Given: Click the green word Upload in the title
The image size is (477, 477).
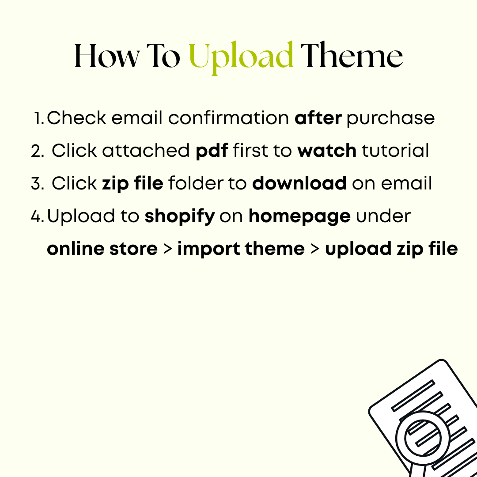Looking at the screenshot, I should pos(241,57).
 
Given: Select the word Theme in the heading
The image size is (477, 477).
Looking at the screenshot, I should pos(352,57).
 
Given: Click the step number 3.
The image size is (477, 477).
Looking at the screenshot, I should pos(36,184).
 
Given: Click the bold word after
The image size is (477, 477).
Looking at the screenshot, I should pos(318,118).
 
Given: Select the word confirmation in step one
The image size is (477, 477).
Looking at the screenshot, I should pos(229,118).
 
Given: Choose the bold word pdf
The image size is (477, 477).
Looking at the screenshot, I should pos(212,151).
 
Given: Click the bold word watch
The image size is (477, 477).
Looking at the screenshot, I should pos(327,151).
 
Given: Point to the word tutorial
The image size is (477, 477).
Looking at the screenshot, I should pos(395,151).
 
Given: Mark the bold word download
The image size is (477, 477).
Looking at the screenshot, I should pos(299,184).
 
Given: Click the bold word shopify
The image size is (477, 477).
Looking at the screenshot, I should pos(180,216).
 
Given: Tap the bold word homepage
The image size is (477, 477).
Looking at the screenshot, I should pos(299,216).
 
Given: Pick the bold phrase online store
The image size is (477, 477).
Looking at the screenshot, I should pos(102,249).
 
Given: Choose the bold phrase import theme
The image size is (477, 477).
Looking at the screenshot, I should pos(241,249).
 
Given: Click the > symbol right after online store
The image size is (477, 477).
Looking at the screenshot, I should pos(167,249).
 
